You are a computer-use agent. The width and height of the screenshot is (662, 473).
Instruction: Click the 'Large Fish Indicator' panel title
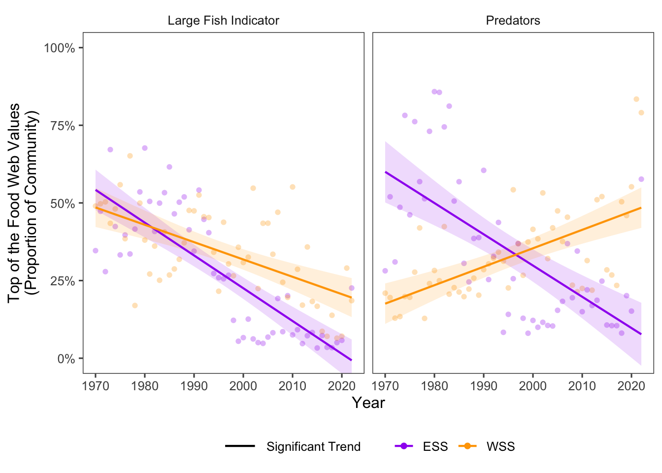(x=223, y=21)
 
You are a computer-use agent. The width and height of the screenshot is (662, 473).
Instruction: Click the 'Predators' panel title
(x=513, y=21)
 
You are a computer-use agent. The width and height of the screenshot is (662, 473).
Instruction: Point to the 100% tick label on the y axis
(x=60, y=48)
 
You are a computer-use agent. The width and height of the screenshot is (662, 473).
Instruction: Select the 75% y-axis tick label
(x=62, y=126)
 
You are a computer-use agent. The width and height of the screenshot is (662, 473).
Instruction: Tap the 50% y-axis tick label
(x=62, y=203)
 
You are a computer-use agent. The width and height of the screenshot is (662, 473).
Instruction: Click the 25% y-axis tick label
(x=62, y=281)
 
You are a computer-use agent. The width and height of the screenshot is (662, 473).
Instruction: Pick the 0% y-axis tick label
(x=66, y=359)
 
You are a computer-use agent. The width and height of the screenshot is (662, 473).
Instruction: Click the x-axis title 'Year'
(x=368, y=403)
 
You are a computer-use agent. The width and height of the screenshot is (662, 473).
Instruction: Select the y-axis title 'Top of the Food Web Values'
(x=15, y=203)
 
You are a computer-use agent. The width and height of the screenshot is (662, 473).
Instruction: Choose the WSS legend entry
(x=500, y=446)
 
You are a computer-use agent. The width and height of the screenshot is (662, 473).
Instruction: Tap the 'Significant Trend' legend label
(x=313, y=446)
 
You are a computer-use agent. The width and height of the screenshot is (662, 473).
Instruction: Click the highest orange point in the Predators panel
(x=636, y=99)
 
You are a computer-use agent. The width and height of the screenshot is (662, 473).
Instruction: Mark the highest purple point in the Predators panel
(x=434, y=92)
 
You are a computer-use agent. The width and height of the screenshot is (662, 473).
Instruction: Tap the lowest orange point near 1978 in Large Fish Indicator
(x=134, y=305)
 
